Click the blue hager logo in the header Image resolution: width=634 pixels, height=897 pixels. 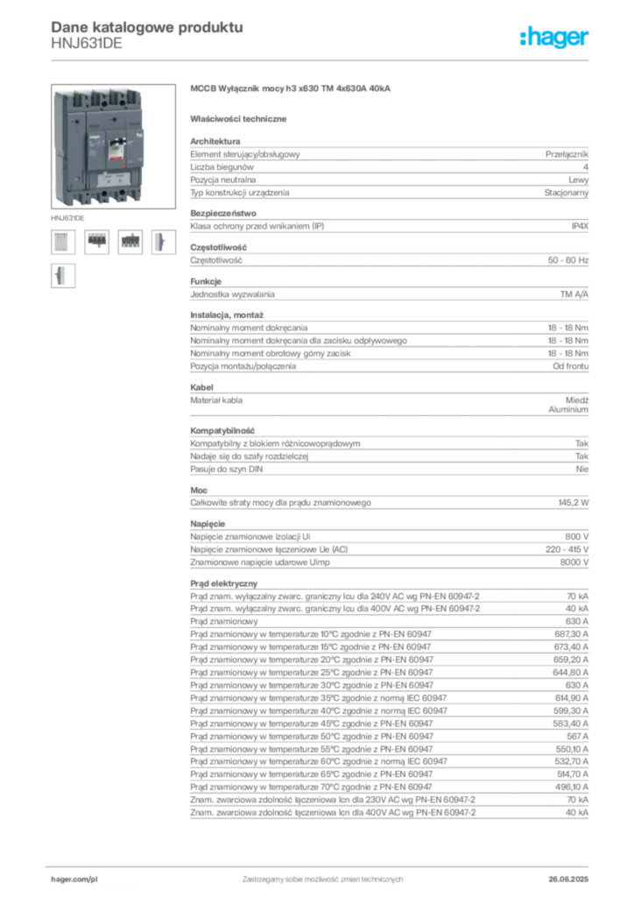[x=555, y=39]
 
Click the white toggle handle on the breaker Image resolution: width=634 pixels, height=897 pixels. [x=113, y=143]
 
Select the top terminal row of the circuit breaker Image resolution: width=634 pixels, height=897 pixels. [x=98, y=94]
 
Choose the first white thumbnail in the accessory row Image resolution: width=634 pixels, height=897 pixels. [x=61, y=242]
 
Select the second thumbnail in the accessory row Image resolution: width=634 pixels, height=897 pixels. [x=96, y=242]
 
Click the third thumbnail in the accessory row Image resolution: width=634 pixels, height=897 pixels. [x=130, y=242]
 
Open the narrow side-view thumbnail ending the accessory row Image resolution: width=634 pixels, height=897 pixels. [x=161, y=242]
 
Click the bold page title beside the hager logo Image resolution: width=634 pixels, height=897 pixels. [x=145, y=26]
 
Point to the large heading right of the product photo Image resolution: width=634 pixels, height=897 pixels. [x=290, y=89]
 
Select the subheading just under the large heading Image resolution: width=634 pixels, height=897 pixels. [x=242, y=117]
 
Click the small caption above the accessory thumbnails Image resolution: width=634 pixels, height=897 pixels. [x=68, y=215]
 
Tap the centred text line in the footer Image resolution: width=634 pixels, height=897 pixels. [x=321, y=875]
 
